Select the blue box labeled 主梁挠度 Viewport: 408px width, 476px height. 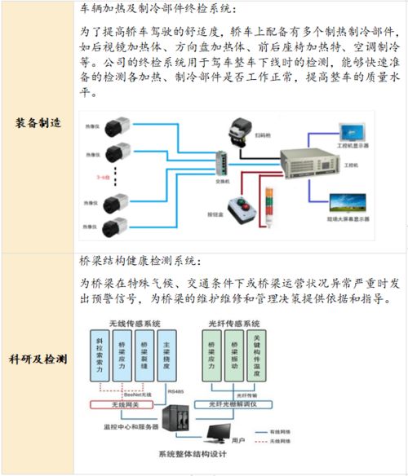[166, 355]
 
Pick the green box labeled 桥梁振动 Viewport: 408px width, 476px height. [235, 355]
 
